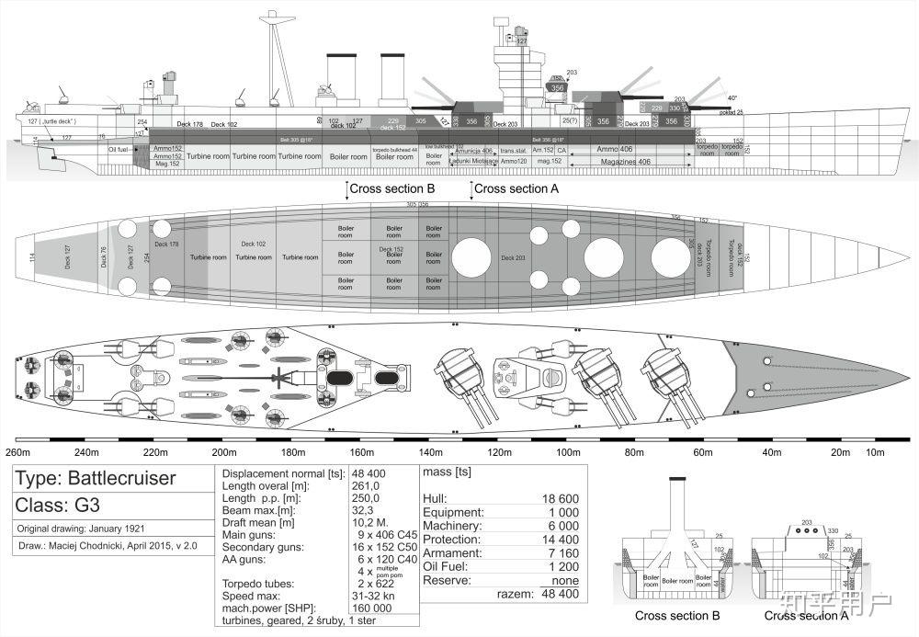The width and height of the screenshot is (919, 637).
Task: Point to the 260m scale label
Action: tap(17, 452)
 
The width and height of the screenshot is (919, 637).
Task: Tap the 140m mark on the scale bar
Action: tap(430, 452)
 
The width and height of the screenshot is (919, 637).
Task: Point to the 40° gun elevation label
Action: tap(732, 97)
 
